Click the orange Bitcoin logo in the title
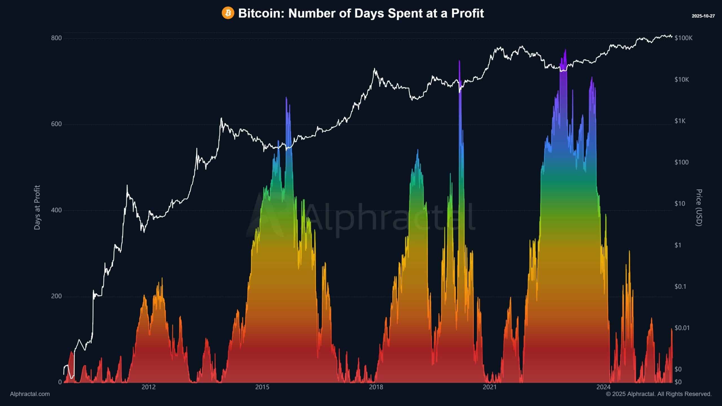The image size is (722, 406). (228, 13)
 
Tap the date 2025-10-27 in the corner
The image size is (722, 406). (703, 16)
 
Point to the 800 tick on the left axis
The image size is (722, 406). (56, 38)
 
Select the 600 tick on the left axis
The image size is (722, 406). (56, 124)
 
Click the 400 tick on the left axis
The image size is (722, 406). (56, 210)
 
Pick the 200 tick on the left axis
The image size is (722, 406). (56, 296)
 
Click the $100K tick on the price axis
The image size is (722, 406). (683, 38)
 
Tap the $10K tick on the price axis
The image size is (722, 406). (682, 80)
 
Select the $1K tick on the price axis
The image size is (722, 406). (680, 121)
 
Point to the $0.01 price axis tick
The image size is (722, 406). (682, 328)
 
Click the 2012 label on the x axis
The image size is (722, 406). (148, 387)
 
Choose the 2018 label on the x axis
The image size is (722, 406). (376, 387)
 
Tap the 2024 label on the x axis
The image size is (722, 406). (603, 387)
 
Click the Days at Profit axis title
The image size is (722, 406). (37, 207)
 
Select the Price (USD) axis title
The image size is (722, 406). (699, 207)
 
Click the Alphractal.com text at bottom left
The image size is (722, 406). (30, 394)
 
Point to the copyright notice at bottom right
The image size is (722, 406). (659, 394)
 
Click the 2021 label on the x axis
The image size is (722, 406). (490, 387)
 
